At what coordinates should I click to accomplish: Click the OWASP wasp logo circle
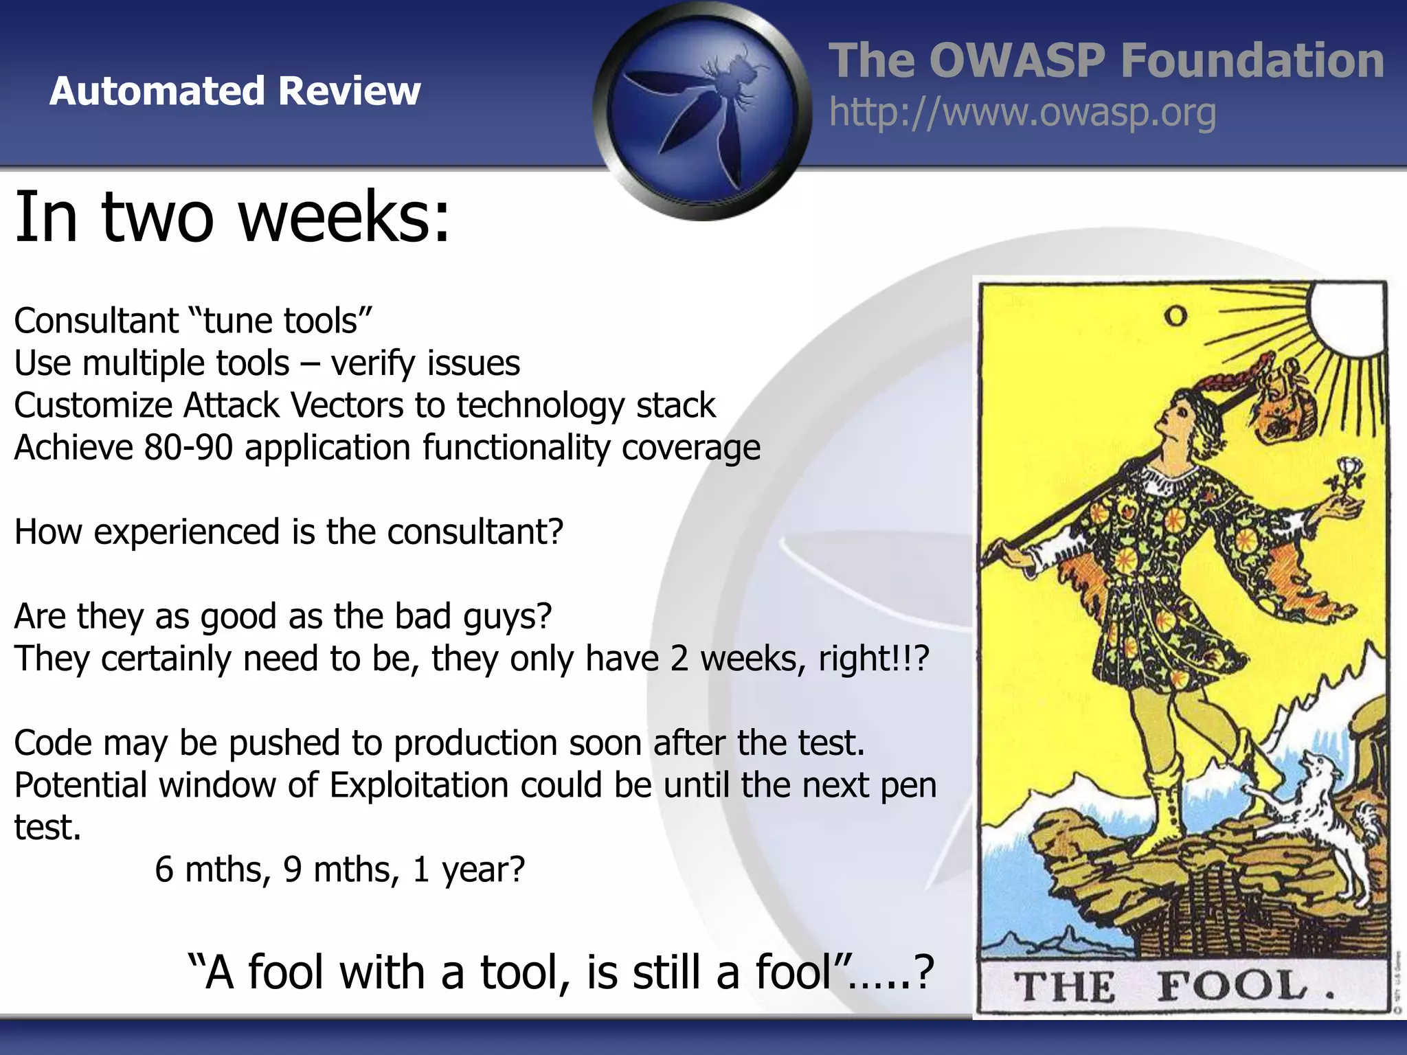pyautogui.click(x=702, y=111)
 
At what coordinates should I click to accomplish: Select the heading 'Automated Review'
pyautogui.click(x=235, y=91)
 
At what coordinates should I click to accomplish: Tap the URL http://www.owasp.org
pyautogui.click(x=1022, y=113)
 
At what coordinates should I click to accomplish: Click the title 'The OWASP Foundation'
pyautogui.click(x=1105, y=60)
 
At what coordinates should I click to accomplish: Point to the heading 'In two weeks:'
pyautogui.click(x=232, y=217)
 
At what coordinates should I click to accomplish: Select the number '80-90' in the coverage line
pyautogui.click(x=188, y=448)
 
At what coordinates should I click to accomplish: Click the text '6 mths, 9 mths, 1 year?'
pyautogui.click(x=339, y=870)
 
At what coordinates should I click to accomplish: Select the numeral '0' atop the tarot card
pyautogui.click(x=1175, y=316)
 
